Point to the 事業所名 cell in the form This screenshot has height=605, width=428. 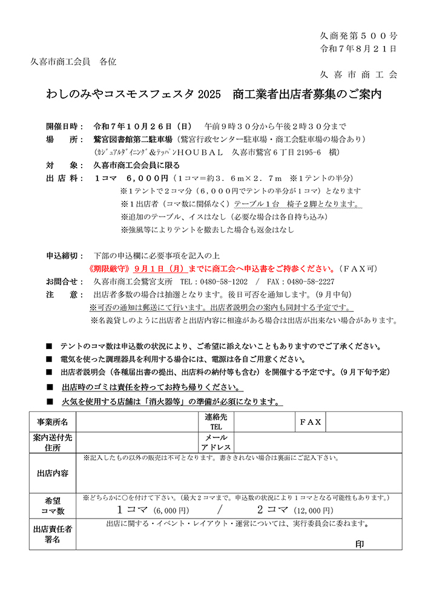click(53, 422)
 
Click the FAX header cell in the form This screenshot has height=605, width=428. click(311, 422)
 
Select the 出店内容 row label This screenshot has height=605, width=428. click(53, 473)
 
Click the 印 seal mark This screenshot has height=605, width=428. click(360, 543)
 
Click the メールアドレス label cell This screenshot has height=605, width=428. click(216, 443)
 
